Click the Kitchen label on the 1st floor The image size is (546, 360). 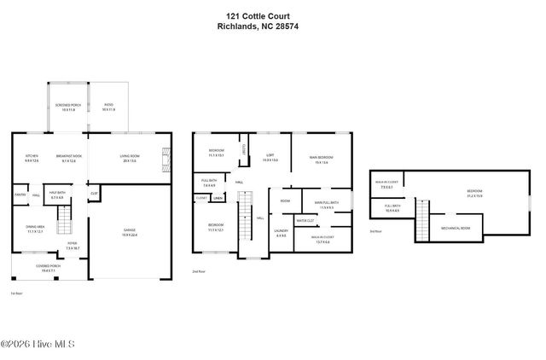click(x=32, y=159)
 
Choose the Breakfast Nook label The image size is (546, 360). click(x=68, y=159)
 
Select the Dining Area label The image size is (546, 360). click(x=35, y=228)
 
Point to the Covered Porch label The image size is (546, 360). click(x=48, y=266)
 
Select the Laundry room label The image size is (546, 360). click(x=282, y=232)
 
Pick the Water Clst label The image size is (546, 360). click(x=305, y=221)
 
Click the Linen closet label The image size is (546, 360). click(x=218, y=199)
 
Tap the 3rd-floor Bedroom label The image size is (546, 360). click(x=474, y=192)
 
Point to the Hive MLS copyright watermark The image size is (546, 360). click(x=38, y=345)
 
